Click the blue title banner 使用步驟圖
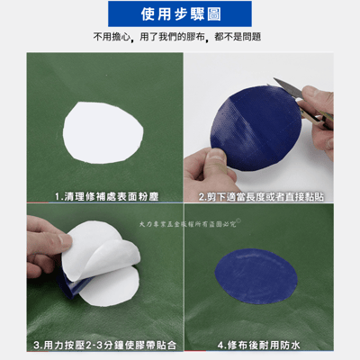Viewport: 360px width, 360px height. tap(180, 13)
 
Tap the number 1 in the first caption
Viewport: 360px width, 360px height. tap(57, 194)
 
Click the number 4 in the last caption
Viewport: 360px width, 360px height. tap(220, 344)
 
